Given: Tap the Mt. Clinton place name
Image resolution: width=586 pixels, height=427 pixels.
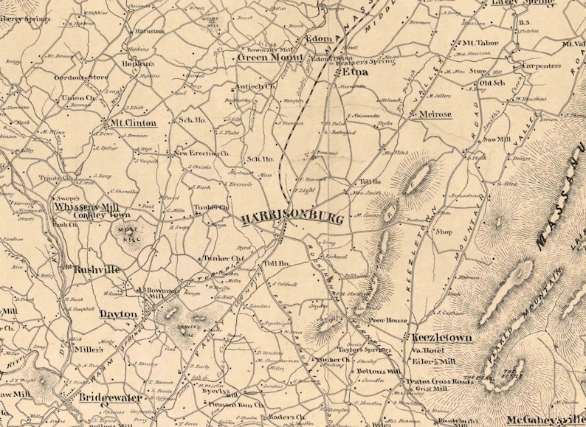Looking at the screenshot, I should (x=131, y=122).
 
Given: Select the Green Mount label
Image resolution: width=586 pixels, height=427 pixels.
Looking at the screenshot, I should (x=263, y=56).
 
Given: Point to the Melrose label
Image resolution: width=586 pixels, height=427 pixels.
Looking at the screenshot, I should (x=435, y=114).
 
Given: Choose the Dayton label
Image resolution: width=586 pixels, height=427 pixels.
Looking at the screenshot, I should (x=118, y=313).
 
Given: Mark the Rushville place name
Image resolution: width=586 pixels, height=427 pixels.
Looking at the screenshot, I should (x=97, y=270).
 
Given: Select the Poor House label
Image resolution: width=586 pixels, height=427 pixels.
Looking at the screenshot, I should (x=388, y=321).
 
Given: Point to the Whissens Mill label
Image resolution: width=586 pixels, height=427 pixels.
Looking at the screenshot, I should (x=86, y=206).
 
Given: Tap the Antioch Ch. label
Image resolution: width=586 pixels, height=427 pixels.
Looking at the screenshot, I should (x=255, y=86).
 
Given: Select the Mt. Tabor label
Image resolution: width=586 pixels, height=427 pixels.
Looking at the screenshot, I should (x=481, y=44).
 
